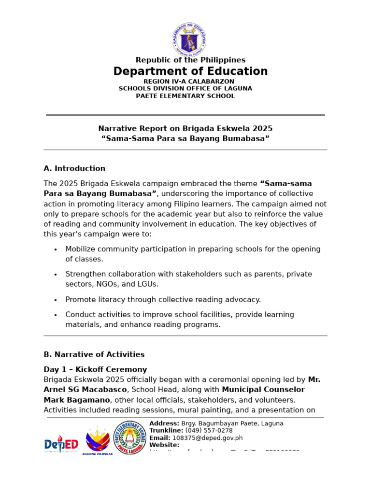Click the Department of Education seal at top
click(x=189, y=40)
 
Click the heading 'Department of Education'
click(x=190, y=72)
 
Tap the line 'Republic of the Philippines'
click(x=190, y=60)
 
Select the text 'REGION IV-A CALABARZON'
click(x=189, y=81)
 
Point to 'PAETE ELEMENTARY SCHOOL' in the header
click(x=185, y=96)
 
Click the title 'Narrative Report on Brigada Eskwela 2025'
click(x=185, y=129)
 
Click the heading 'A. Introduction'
click(x=74, y=169)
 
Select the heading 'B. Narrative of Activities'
click(x=94, y=354)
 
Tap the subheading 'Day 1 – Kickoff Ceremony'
click(x=95, y=369)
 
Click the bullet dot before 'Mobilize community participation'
click(x=56, y=249)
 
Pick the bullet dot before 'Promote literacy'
click(x=56, y=300)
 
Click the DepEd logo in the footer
click(x=61, y=443)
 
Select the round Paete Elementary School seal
click(x=129, y=437)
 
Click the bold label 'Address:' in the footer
click(x=164, y=423)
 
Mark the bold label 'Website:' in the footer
click(x=164, y=445)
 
